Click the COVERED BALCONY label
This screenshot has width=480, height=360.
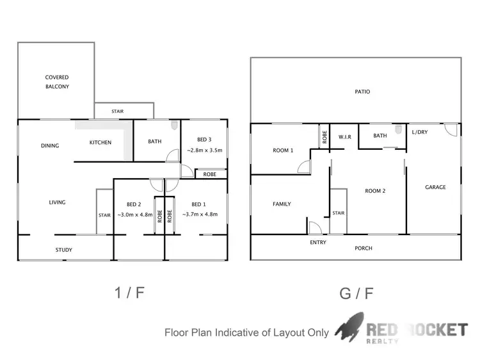point(56,82)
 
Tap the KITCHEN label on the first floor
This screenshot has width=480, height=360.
point(100,142)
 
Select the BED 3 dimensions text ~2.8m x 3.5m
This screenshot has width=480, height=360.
point(204,151)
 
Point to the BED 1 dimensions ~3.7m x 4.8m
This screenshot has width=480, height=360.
point(200,215)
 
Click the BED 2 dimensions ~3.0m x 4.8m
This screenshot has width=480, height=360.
point(135,215)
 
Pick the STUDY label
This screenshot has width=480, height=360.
point(63,250)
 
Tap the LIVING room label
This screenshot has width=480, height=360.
point(57,202)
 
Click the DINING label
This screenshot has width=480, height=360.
point(50,145)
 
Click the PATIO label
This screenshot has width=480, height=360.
point(362,92)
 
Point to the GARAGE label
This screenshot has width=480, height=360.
point(435,187)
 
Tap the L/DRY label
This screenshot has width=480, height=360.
point(420,132)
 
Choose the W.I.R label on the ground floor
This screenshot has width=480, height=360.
point(345,136)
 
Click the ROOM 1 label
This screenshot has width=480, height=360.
point(283,151)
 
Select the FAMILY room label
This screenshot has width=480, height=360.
point(282,204)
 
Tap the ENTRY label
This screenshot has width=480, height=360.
point(318,242)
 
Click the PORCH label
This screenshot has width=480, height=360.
point(364,248)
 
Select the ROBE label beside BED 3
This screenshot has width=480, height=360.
point(209,174)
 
